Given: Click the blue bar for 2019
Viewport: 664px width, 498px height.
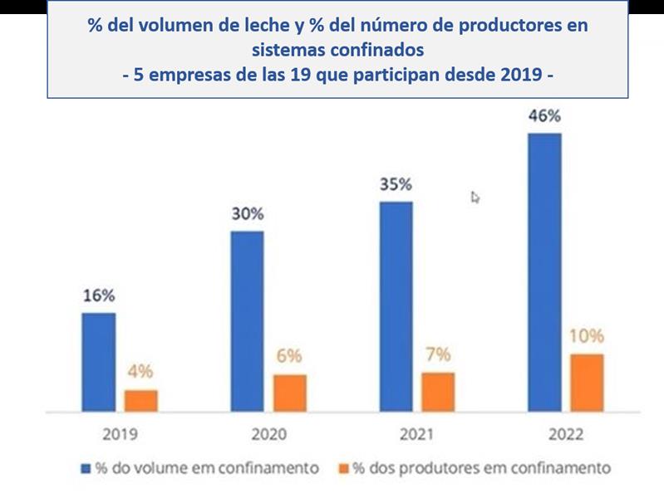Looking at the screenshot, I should click(99, 362).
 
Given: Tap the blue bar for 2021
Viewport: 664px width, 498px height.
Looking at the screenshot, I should click(396, 306).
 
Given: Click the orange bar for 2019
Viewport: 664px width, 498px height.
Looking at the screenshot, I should click(141, 401).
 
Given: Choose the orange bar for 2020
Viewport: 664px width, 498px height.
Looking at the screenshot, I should click(289, 393).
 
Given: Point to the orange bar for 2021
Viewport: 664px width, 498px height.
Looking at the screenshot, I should click(438, 392).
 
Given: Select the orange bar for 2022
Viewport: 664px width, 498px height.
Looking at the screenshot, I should click(587, 383).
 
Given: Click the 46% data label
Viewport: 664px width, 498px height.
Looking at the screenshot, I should click(544, 116).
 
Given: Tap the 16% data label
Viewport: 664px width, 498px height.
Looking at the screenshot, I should click(99, 296).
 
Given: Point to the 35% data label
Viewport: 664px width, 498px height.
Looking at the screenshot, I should click(396, 184).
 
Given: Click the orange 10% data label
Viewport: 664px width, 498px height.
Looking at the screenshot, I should click(587, 337).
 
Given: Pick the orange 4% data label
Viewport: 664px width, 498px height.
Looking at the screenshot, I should click(140, 372).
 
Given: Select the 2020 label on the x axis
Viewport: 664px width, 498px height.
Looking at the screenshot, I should click(268, 434).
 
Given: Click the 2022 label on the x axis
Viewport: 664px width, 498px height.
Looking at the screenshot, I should click(565, 434).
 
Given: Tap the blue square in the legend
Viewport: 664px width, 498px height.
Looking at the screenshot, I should click(86, 468).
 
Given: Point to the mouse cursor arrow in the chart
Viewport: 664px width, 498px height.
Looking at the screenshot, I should click(475, 197).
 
